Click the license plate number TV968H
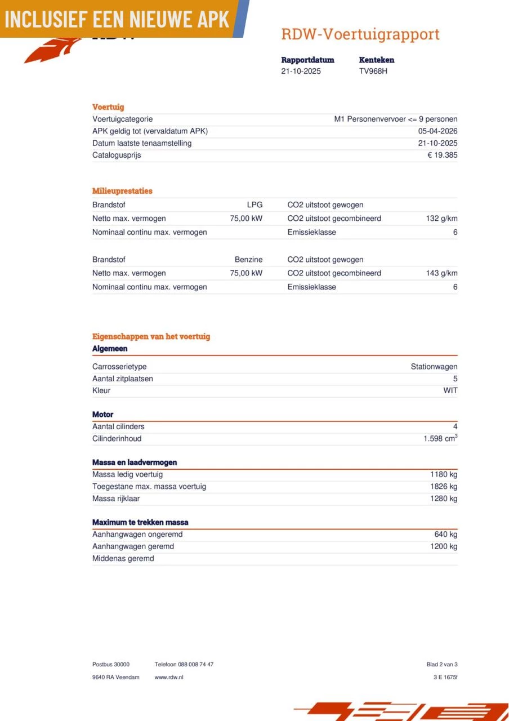click(373, 71)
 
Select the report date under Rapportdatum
click(301, 71)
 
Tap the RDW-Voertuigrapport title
click(360, 34)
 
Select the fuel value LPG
click(254, 205)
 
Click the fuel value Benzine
click(248, 260)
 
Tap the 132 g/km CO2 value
click(441, 219)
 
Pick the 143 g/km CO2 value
click(441, 273)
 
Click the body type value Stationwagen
click(434, 367)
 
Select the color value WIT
click(450, 390)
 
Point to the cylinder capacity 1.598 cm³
click(440, 438)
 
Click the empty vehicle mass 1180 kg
click(444, 474)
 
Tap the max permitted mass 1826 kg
click(444, 486)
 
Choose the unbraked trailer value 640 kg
click(445, 534)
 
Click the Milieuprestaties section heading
click(122, 191)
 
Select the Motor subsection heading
click(102, 415)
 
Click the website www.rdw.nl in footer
click(169, 677)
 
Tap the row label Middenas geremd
click(123, 558)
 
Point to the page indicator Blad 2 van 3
click(442, 665)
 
